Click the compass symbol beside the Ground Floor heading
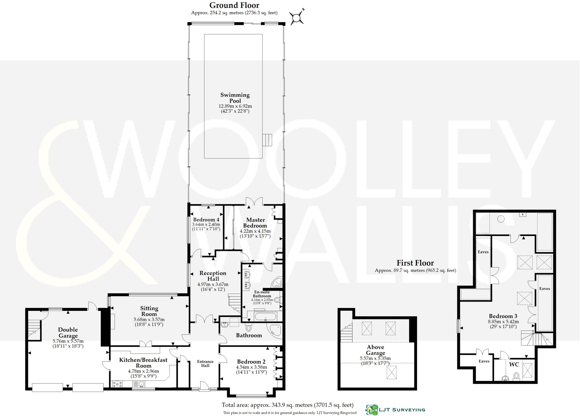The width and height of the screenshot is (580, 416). point(297,18)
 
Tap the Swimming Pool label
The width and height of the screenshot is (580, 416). point(235,98)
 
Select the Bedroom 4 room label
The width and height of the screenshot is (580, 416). point(206,219)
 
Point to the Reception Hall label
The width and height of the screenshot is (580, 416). point(213,276)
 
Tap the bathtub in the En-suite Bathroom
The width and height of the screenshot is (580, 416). point(265,316)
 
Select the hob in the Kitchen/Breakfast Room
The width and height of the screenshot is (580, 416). point(117,384)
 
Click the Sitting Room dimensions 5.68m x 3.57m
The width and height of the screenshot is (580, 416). point(149,319)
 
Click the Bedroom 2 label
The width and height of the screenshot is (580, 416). point(251,362)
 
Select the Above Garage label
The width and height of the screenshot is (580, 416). point(375,350)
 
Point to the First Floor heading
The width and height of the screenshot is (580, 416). point(415,263)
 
